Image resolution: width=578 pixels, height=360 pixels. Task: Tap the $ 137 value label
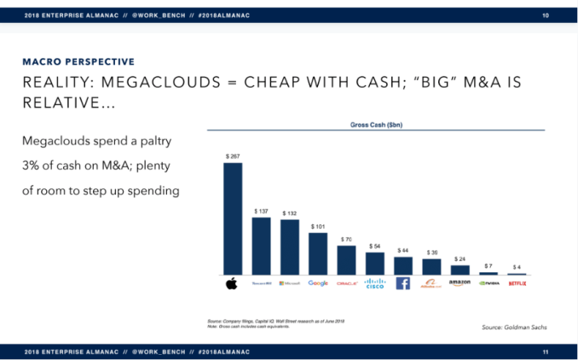pyautogui.click(x=261, y=211)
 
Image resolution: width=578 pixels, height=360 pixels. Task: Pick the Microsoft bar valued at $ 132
pyautogui.click(x=290, y=247)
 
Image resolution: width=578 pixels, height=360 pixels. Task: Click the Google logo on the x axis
pyautogui.click(x=318, y=283)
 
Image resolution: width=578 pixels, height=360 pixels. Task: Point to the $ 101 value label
pyautogui.click(x=318, y=226)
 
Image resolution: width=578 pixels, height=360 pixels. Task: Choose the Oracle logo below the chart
pyautogui.click(x=346, y=283)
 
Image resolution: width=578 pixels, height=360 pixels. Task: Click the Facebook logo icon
pyautogui.click(x=403, y=283)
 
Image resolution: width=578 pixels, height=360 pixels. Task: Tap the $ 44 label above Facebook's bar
pyautogui.click(x=403, y=250)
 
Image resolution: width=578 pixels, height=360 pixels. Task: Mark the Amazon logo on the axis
pyautogui.click(x=460, y=283)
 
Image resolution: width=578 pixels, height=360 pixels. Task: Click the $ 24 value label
pyautogui.click(x=460, y=258)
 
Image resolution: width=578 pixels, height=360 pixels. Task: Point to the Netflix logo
pyautogui.click(x=517, y=283)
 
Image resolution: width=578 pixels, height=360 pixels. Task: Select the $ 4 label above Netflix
pyautogui.click(x=517, y=267)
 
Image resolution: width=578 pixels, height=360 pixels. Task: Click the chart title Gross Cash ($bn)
pyautogui.click(x=375, y=124)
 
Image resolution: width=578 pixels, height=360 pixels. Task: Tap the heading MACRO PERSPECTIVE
pyautogui.click(x=78, y=61)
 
